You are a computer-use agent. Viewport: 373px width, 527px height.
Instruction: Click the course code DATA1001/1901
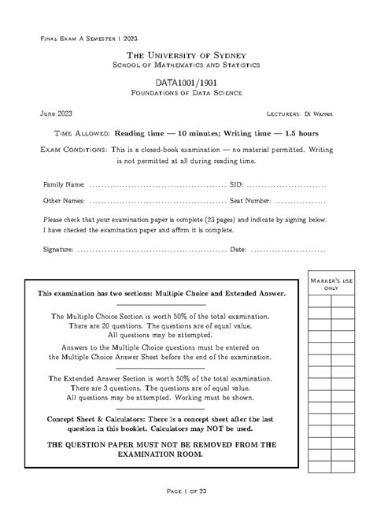pyautogui.click(x=186, y=82)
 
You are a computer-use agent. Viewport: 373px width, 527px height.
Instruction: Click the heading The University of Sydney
pyautogui.click(x=186, y=54)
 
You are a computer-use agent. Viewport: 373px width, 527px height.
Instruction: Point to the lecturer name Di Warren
pyautogui.click(x=317, y=114)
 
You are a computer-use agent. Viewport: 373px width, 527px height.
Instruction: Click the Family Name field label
pyautogui.click(x=64, y=184)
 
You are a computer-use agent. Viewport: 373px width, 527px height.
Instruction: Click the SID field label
pyautogui.click(x=236, y=184)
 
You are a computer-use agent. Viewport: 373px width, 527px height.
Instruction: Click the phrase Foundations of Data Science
pyautogui.click(x=186, y=93)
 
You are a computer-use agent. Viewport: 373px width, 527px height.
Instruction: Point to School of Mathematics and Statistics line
pyautogui.click(x=186, y=64)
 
